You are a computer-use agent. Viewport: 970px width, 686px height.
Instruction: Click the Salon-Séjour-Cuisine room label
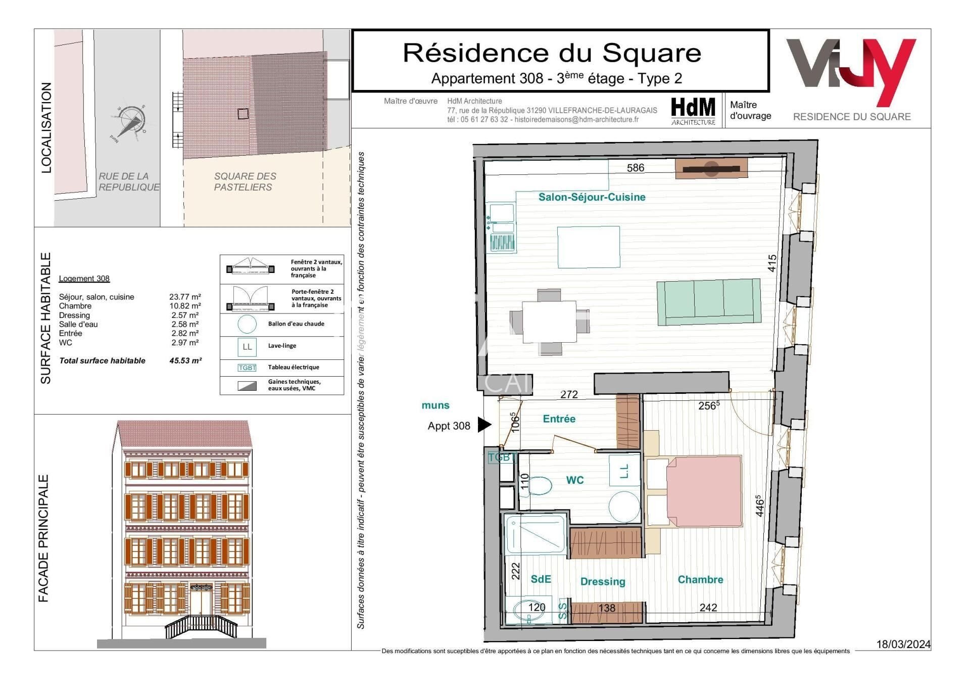592,197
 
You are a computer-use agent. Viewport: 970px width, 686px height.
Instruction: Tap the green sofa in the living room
708,302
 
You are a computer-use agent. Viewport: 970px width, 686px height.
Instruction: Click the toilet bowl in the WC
539,486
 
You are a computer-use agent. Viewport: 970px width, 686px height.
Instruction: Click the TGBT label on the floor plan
501,458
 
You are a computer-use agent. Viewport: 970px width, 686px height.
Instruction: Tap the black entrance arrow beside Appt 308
484,425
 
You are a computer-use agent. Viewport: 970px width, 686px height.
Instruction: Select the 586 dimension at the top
636,168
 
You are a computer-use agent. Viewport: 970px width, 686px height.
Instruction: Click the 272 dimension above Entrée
569,394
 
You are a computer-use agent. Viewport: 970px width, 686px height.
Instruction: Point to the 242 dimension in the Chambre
708,607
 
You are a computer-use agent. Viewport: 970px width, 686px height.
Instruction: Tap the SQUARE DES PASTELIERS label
245,181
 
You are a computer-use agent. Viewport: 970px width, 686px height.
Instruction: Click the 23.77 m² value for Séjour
185,297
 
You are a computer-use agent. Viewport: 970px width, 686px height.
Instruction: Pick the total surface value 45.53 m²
185,361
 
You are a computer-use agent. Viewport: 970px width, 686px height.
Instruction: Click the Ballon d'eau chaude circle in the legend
247,324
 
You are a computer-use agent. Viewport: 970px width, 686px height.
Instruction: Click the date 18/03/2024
903,644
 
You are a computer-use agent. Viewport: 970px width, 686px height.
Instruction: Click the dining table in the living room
549,322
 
